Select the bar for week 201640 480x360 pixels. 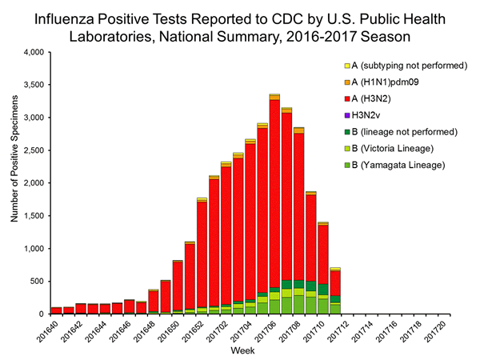[x=56, y=310]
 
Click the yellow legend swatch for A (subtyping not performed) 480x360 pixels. [x=348, y=66]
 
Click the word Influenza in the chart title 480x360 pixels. [x=76, y=17]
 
